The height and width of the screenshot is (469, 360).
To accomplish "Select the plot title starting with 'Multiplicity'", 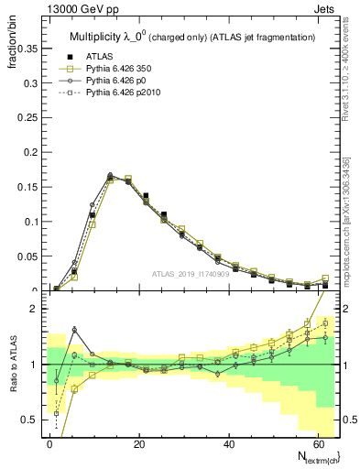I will (x=192, y=36).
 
